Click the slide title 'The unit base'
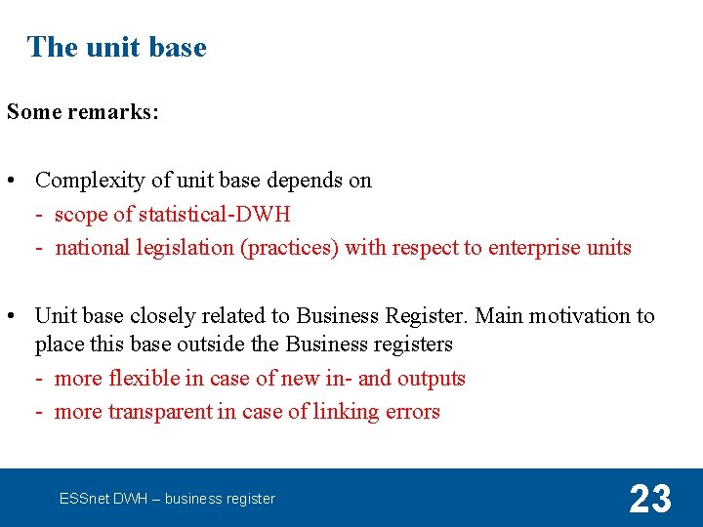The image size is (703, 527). coord(117,47)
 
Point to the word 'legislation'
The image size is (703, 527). coord(182,248)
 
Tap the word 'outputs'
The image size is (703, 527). coord(431,379)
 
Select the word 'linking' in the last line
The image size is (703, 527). coord(345,412)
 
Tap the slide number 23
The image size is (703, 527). coord(650,499)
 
